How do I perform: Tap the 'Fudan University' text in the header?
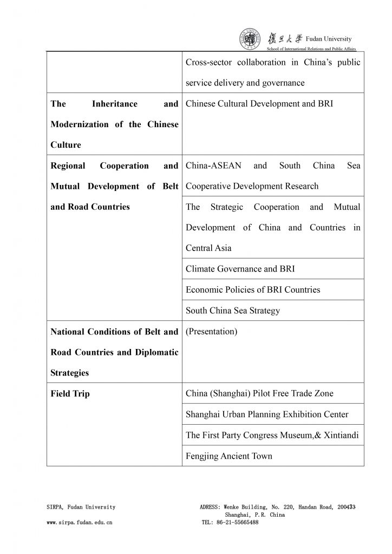click(x=329, y=38)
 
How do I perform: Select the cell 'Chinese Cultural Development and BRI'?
click(x=259, y=104)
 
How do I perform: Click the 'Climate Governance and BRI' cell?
click(x=240, y=269)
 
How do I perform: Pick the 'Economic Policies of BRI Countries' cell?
click(x=253, y=290)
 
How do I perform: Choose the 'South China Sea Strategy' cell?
click(x=233, y=311)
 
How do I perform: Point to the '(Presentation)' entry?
click(x=211, y=332)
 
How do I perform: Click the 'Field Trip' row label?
click(x=70, y=394)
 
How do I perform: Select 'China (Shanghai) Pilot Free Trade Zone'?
click(x=260, y=394)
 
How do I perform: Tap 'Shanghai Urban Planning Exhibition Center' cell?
click(x=267, y=414)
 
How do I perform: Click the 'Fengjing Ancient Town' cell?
click(x=229, y=456)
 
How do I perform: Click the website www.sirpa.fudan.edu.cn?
click(x=80, y=523)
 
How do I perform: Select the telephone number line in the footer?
click(x=230, y=523)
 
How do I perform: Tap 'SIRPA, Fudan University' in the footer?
click(x=81, y=507)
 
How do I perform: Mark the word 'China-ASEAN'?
click(x=214, y=166)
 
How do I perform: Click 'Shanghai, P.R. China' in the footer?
click(x=254, y=515)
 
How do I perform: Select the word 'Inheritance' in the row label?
click(x=115, y=104)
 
